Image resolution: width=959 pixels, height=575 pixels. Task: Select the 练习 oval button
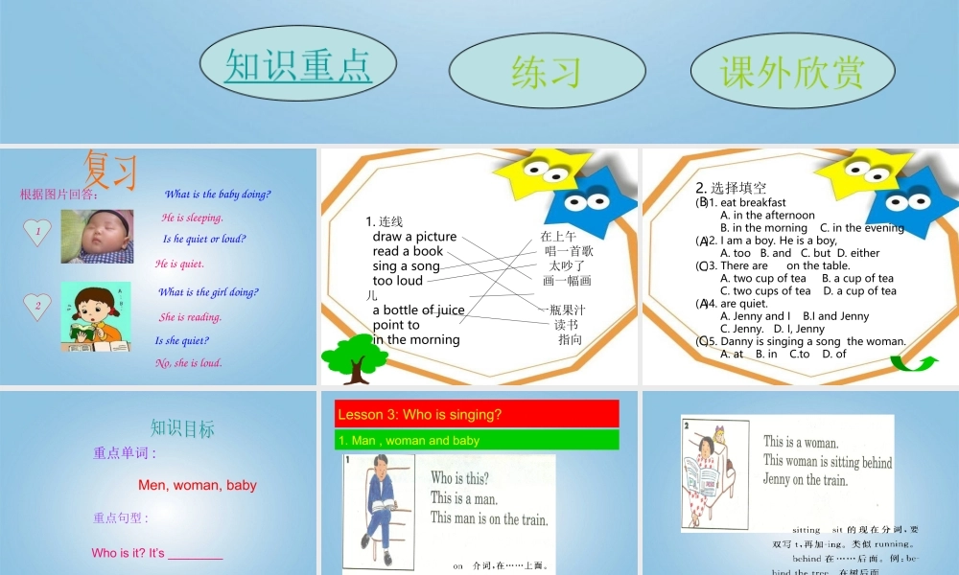point(547,71)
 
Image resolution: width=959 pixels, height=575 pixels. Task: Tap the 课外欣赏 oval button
point(791,71)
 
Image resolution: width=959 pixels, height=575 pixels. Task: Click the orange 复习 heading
point(110,170)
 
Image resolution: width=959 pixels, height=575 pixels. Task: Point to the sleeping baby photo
point(97,236)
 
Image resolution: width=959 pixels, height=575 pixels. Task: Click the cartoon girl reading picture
point(95,316)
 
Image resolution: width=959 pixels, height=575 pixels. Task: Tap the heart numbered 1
point(36,231)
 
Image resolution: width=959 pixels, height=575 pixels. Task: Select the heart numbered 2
point(36,306)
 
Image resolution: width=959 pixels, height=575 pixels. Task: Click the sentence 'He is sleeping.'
point(192,218)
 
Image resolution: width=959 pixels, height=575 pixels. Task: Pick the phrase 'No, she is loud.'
point(188,363)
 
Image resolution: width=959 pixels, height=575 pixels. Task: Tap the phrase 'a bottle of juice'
point(418,310)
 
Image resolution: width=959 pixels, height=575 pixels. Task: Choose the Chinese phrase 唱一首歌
point(569,251)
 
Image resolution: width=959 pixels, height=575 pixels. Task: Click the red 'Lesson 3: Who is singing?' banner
point(477,414)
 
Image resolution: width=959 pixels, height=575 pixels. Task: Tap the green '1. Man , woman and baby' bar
point(477,440)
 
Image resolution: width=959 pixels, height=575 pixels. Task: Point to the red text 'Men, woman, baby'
point(198,485)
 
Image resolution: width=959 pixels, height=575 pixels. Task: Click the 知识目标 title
point(182,428)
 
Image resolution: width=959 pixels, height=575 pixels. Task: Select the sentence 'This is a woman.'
point(801,442)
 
